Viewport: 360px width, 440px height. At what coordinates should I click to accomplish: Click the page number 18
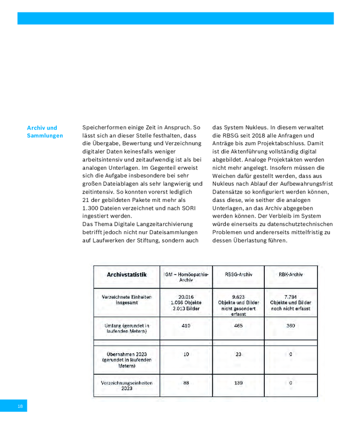point(20,406)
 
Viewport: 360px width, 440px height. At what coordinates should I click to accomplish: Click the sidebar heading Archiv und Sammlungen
point(44,132)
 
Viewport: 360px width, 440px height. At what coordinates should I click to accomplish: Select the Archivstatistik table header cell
point(127,275)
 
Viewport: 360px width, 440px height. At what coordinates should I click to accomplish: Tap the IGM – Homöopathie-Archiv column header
point(186,277)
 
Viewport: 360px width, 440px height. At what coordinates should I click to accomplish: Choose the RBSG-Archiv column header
point(238,275)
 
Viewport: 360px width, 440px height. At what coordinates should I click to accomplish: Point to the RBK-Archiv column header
point(291,275)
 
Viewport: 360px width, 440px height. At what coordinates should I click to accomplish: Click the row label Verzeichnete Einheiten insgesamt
point(127,300)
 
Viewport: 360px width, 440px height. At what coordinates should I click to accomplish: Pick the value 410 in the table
point(186,325)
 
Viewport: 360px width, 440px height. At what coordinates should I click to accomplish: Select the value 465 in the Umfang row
point(238,325)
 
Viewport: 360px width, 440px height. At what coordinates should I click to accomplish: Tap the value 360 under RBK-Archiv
point(291,325)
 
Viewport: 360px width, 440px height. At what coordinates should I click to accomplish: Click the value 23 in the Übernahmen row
point(238,354)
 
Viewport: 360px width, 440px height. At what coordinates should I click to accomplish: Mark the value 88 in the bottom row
point(186,383)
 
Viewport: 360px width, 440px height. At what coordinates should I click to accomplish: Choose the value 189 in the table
point(238,383)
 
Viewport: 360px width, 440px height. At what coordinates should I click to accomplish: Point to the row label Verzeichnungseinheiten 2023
point(127,386)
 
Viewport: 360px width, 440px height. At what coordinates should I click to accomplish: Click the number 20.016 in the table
point(186,296)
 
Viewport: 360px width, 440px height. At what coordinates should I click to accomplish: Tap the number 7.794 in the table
point(291,296)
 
